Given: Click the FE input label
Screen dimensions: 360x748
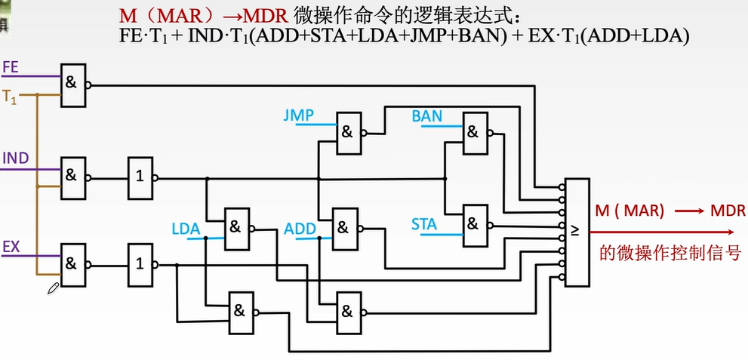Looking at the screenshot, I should tap(11, 67).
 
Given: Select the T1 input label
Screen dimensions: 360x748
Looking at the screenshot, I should tap(10, 96).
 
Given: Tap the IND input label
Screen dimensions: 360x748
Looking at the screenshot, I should tap(15, 158).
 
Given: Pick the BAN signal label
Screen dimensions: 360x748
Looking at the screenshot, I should tap(427, 116).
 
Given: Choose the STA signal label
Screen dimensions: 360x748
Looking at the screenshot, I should tap(424, 223).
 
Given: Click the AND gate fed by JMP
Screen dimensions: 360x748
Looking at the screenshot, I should tap(348, 133).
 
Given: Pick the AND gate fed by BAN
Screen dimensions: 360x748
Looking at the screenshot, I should tap(474, 133).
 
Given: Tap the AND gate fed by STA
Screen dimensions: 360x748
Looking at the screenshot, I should tap(474, 225).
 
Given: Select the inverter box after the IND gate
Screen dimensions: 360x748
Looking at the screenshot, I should tap(140, 178).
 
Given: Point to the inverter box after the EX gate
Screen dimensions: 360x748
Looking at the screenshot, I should tap(140, 264).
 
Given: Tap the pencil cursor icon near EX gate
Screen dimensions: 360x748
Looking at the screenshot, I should tap(53, 288).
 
